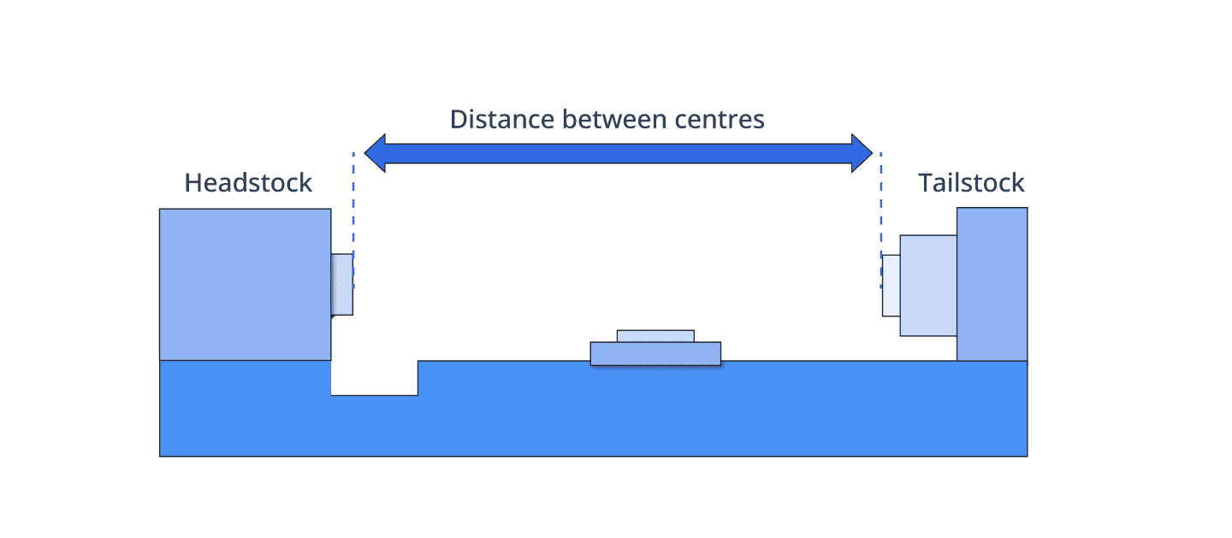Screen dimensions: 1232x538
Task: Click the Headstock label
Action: (x=248, y=183)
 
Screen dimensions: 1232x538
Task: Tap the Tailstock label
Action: (x=971, y=183)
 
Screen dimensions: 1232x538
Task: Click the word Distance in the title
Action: (x=501, y=119)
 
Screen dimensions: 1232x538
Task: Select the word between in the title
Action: (x=614, y=119)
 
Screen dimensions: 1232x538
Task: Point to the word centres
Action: (x=720, y=120)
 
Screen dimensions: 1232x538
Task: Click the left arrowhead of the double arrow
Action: (x=375, y=153)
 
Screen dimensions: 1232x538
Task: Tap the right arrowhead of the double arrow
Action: (x=862, y=153)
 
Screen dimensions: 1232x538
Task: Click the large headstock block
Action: (x=246, y=285)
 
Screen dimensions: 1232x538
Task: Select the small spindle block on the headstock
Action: (x=342, y=285)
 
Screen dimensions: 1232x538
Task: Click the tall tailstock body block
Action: (x=992, y=285)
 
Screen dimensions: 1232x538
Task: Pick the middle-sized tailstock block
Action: (x=928, y=286)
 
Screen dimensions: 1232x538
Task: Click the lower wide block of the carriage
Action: (x=655, y=354)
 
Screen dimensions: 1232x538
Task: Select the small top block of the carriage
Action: (x=655, y=336)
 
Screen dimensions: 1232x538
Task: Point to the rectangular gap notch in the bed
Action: (x=375, y=378)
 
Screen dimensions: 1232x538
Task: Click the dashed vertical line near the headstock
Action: (x=353, y=220)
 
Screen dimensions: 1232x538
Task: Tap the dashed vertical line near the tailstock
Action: (x=881, y=220)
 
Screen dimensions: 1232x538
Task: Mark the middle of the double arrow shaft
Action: (x=619, y=153)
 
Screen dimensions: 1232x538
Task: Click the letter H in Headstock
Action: (x=192, y=183)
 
